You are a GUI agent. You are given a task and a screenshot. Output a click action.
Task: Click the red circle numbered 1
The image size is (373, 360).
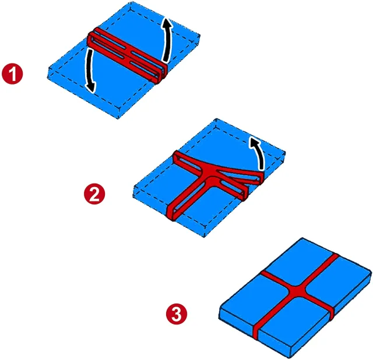point(12,73)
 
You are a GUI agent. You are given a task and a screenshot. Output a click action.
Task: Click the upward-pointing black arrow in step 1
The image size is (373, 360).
point(167,39)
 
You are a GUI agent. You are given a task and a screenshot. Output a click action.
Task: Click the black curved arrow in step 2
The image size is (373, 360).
point(259,152)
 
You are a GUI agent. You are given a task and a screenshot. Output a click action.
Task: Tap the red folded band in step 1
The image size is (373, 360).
point(127,55)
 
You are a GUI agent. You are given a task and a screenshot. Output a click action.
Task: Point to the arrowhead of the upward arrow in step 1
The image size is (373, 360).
point(167,23)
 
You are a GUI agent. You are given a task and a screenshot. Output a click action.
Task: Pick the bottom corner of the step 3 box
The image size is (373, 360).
point(290,358)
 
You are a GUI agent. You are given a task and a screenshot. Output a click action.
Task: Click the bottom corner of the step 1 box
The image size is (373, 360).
point(118,118)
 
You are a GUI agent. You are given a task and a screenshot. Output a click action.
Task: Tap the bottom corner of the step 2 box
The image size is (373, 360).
point(204,237)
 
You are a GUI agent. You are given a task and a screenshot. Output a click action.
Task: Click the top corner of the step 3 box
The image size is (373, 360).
point(302,238)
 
